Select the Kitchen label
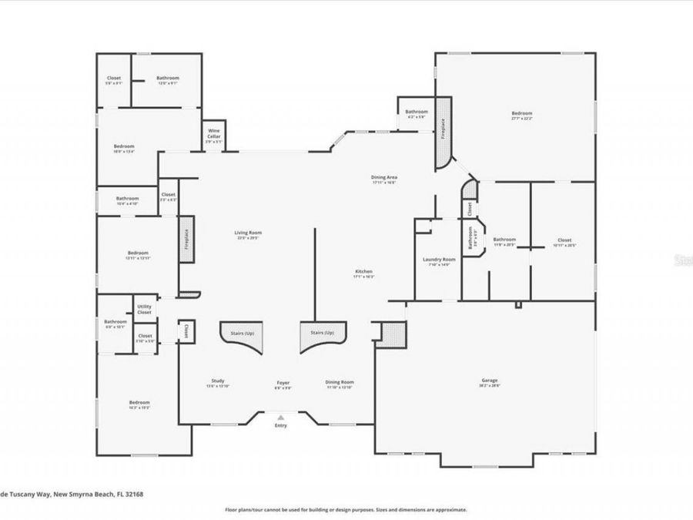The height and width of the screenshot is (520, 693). [x=363, y=272]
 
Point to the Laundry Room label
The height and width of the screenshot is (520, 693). [x=439, y=260]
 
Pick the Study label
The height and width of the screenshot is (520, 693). [x=218, y=381]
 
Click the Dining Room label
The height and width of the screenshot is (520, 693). [x=340, y=381]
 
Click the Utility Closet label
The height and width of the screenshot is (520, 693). [x=144, y=310]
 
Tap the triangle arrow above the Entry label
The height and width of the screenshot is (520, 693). [x=280, y=417]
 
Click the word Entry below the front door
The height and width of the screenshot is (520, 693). [x=280, y=425]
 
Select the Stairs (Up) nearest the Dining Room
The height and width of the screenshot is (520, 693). [x=322, y=332]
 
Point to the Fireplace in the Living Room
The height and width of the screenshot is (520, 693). [x=186, y=240]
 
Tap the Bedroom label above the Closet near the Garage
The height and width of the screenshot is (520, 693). [x=521, y=113]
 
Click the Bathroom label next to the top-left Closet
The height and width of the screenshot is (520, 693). [x=168, y=78]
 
